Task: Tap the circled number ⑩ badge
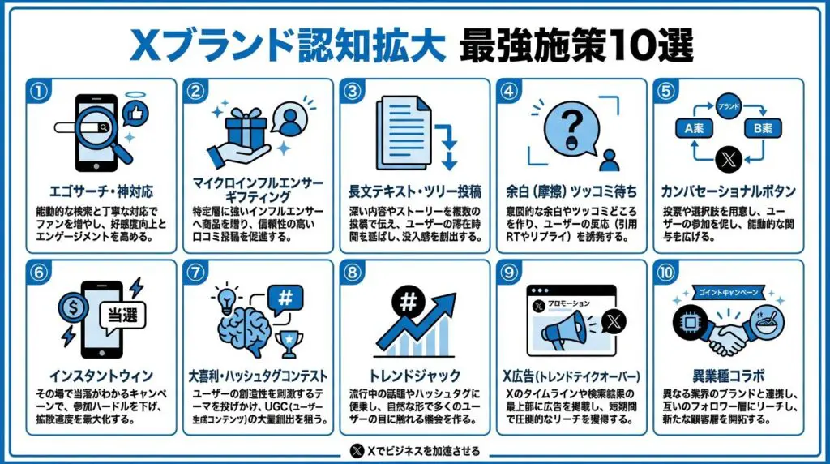[665, 273]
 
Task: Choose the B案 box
[766, 127]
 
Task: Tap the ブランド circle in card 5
[727, 105]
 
